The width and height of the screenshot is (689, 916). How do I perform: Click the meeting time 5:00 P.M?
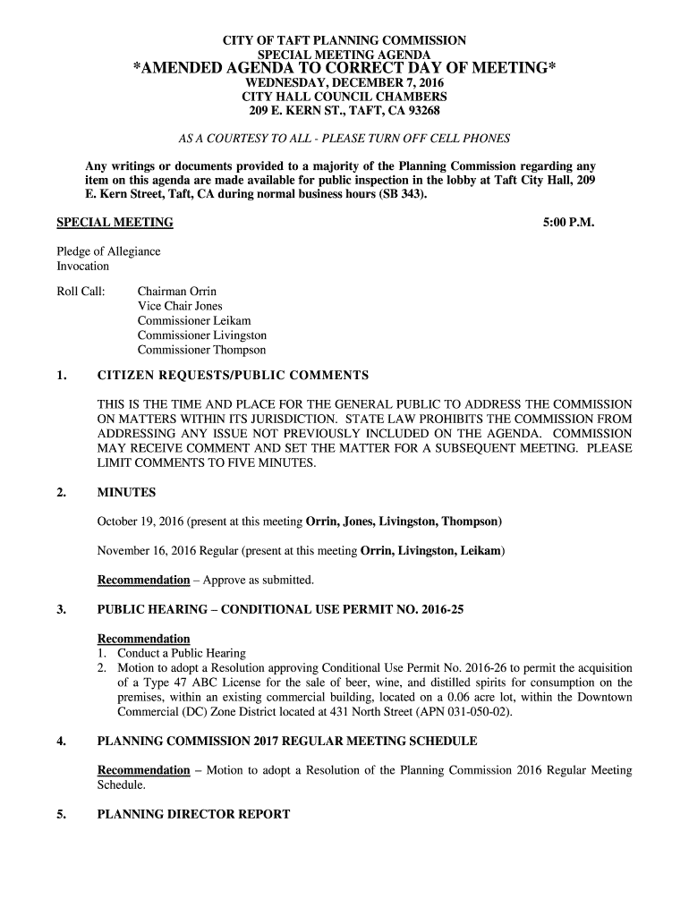coord(568,222)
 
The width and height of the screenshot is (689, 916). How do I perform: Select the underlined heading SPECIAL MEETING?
coord(115,222)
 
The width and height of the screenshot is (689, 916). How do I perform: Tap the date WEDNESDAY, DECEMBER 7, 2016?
coord(344,82)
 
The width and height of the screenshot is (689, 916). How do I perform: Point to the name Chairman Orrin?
coord(177,292)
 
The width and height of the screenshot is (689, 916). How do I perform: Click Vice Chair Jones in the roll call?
coord(180,306)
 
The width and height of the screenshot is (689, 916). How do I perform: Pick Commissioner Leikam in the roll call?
coord(194,320)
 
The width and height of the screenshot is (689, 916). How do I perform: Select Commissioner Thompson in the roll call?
coord(201,350)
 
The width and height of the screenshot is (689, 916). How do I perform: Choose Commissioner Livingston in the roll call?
coord(201,335)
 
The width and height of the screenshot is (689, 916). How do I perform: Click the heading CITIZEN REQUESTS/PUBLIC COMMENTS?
coord(233,375)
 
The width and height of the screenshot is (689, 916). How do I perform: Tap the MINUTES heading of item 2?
coord(126,492)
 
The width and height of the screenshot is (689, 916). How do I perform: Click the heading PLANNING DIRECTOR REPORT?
coord(193,814)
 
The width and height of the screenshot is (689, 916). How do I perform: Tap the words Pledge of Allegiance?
coord(109,251)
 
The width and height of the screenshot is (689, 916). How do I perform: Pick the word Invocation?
coord(83,266)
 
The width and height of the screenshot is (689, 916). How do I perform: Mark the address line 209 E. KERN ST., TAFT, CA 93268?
coord(344,111)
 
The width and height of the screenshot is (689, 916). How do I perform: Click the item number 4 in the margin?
coord(61,741)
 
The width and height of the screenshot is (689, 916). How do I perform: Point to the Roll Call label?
coord(81,292)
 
